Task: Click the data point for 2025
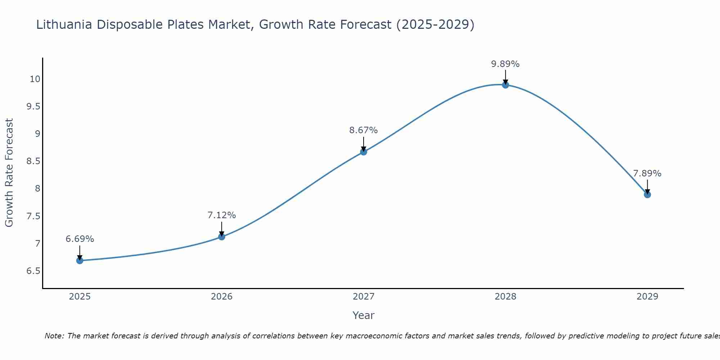(x=80, y=261)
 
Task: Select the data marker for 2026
(x=222, y=237)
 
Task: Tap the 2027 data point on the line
(x=364, y=152)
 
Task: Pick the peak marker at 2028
(x=505, y=85)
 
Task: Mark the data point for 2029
(x=647, y=195)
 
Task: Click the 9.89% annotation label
(x=505, y=64)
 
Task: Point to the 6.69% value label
(x=80, y=239)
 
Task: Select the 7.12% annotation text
(x=222, y=215)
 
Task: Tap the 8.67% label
(x=364, y=130)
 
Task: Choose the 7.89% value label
(x=647, y=174)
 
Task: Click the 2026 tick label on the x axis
(x=222, y=297)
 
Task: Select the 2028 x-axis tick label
(x=505, y=297)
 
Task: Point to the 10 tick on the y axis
(x=35, y=79)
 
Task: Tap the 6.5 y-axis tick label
(x=33, y=271)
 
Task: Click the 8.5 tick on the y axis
(x=33, y=161)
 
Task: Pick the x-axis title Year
(x=364, y=315)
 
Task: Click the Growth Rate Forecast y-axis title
(x=9, y=173)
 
